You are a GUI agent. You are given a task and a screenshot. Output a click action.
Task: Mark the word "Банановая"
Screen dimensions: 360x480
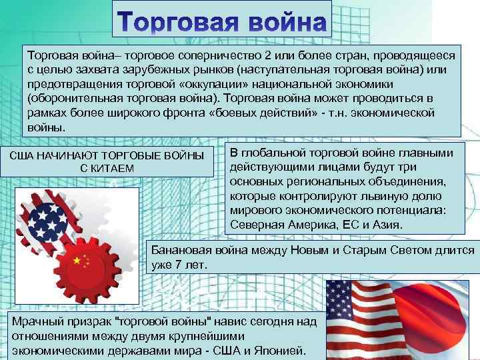[181, 250]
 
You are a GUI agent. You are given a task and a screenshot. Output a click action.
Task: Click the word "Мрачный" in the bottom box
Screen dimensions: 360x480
[33, 321]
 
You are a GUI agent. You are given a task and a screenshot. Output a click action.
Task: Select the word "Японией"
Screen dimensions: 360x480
[281, 350]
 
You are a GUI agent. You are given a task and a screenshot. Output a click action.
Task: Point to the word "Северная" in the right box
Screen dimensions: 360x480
[253, 225]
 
